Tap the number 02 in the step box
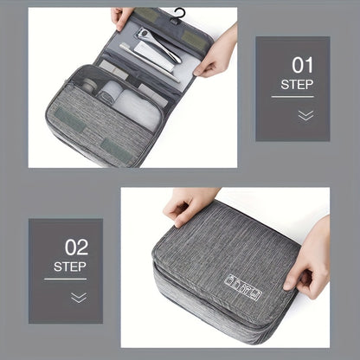pyautogui.click(x=76, y=247)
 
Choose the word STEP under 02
pyautogui.click(x=69, y=267)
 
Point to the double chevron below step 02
pyautogui.click(x=79, y=297)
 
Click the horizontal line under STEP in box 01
pyautogui.click(x=292, y=96)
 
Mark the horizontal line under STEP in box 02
pyautogui.click(x=66, y=279)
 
